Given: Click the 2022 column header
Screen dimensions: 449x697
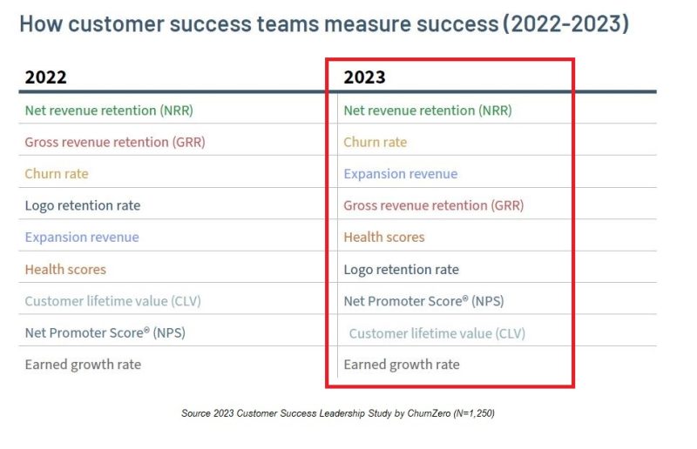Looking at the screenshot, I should [45, 77].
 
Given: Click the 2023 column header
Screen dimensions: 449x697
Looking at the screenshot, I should [364, 77].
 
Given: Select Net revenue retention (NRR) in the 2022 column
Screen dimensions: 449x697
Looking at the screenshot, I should [109, 111].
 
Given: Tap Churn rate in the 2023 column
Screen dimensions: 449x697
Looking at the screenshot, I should [375, 142].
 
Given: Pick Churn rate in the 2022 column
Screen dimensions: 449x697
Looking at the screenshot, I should [57, 173].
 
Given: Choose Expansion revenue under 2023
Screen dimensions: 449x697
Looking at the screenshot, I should [400, 173].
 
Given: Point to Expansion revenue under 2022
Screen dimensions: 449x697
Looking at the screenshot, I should [82, 237].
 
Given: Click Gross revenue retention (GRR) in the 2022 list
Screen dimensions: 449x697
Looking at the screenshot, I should [115, 142].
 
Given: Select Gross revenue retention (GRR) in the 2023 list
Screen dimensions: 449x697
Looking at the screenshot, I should [434, 205].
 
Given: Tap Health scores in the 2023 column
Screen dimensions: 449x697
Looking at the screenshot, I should [384, 237].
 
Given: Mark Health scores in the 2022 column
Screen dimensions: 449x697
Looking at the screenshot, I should [65, 269].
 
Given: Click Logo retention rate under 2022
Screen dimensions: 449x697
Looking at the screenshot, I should [82, 205].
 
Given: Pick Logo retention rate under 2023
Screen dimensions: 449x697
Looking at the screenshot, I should [401, 269].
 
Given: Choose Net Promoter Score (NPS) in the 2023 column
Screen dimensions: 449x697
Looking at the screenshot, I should [423, 301].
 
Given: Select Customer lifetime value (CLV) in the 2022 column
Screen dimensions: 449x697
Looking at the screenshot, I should [113, 301].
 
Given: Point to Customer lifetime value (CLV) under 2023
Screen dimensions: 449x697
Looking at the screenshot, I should [437, 333].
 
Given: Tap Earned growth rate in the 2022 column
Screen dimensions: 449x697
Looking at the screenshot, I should [83, 365].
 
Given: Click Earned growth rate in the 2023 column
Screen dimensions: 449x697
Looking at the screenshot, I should [402, 365].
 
